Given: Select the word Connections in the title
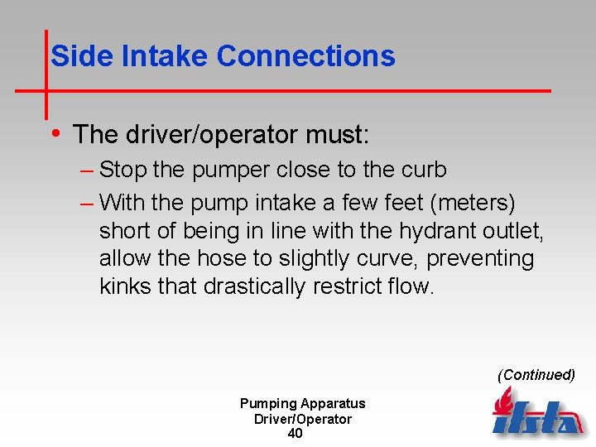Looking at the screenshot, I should pyautogui.click(x=305, y=56).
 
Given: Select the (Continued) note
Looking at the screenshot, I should pyautogui.click(x=536, y=374).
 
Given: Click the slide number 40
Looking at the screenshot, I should pyautogui.click(x=295, y=434).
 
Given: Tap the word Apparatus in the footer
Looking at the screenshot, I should pyautogui.click(x=333, y=403).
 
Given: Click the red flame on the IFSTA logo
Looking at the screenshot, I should pyautogui.click(x=502, y=402).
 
